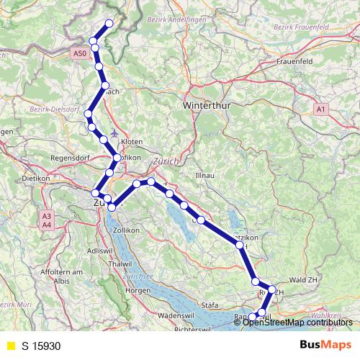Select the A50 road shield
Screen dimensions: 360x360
click(80, 53)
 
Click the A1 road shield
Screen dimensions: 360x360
click(321, 109)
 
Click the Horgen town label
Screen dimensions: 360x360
click(137, 290)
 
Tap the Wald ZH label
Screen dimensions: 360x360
click(303, 279)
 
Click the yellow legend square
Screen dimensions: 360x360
click(9, 346)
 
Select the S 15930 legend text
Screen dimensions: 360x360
click(42, 346)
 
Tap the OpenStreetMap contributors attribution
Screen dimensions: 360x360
click(297, 322)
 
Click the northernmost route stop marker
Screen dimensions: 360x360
click(109, 24)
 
